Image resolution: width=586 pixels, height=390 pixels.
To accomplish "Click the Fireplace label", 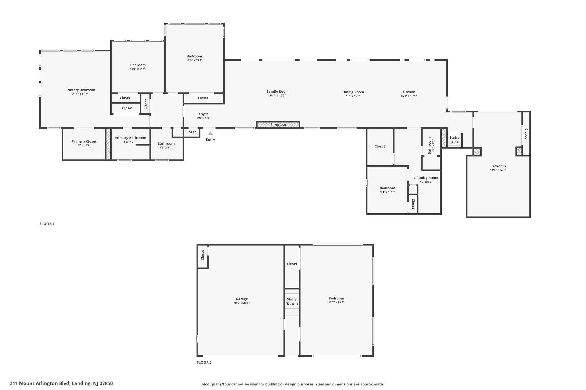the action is [278, 125].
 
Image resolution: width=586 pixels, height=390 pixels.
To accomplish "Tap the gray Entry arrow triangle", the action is [210, 133].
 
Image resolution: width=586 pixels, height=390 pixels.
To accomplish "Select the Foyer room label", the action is [203, 114].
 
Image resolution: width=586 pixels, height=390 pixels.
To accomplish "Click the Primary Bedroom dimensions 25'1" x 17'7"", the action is [80, 94].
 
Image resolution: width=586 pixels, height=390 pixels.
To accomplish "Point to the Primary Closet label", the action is [84, 141].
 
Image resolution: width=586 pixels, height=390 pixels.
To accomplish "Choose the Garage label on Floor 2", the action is [242, 299].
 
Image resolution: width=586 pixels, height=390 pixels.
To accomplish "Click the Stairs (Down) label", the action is [292, 301].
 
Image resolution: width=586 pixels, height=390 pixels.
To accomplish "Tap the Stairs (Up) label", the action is [454, 140].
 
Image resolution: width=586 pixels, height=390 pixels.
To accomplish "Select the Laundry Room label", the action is [426, 178].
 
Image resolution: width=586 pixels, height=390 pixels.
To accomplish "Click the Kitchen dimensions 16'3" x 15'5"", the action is [409, 96].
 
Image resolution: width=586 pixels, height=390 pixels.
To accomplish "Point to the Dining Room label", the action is [353, 92].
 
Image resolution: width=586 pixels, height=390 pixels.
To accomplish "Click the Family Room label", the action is [278, 91].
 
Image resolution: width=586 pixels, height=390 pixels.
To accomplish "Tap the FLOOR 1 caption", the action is [47, 224].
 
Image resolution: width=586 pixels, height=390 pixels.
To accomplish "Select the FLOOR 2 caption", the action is [204, 363].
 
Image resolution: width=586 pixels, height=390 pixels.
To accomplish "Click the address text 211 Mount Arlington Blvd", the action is [40, 383].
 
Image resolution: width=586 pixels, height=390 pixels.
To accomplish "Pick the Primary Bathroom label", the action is [130, 138].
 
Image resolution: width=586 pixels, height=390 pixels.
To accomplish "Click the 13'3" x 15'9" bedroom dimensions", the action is [194, 60].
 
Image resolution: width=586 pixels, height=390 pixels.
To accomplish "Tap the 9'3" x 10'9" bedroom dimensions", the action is [387, 192].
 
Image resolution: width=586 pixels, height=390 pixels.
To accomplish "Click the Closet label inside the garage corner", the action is [203, 255].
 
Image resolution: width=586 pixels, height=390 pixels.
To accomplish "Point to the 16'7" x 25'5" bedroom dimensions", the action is [336, 302].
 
